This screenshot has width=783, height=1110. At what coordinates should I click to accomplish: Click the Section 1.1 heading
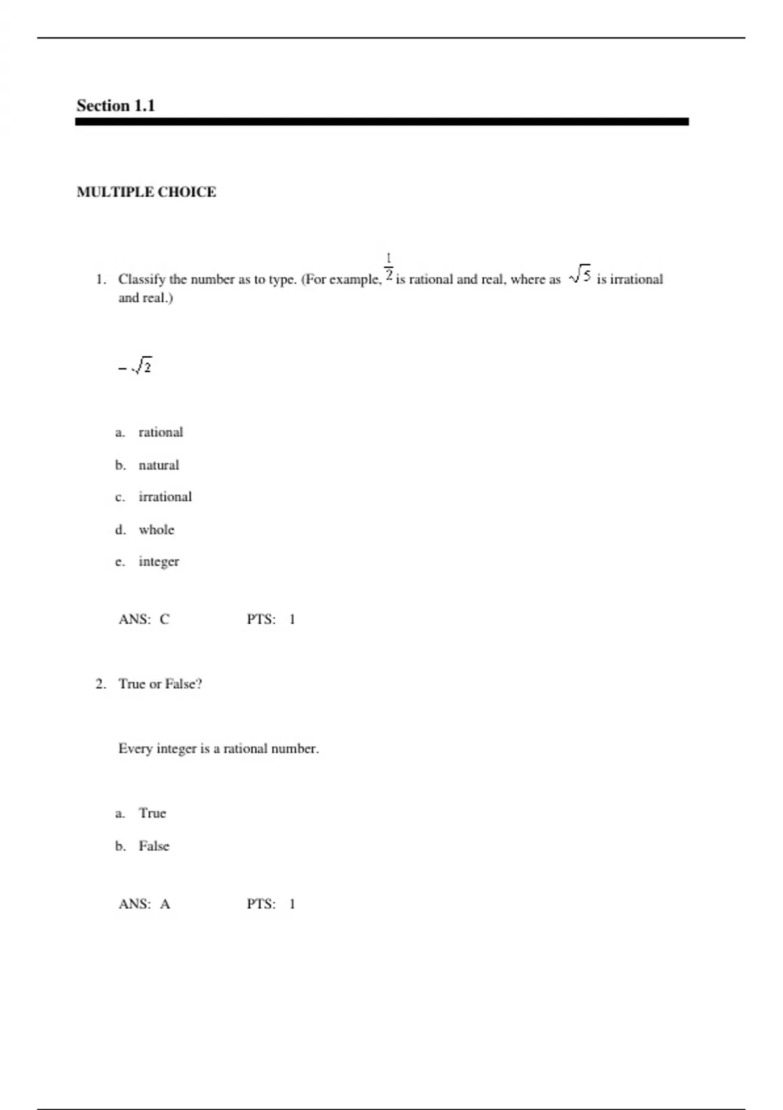pyautogui.click(x=115, y=106)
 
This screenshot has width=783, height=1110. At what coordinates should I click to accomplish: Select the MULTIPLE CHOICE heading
pyautogui.click(x=146, y=192)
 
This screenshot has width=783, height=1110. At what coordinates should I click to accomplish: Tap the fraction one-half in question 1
pyautogui.click(x=388, y=268)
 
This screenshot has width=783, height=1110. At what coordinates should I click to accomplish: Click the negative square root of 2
pyautogui.click(x=136, y=367)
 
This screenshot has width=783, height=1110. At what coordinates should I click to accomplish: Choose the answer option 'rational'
pyautogui.click(x=161, y=432)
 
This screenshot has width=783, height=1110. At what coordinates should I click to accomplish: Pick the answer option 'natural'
pyautogui.click(x=159, y=465)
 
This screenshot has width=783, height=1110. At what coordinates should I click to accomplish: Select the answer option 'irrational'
pyautogui.click(x=165, y=497)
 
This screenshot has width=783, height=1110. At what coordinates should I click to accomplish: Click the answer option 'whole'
pyautogui.click(x=157, y=530)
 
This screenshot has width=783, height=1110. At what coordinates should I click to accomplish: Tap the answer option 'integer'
pyautogui.click(x=159, y=562)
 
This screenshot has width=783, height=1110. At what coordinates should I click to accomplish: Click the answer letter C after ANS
pyautogui.click(x=164, y=619)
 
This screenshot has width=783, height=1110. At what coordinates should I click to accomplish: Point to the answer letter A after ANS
pyautogui.click(x=165, y=904)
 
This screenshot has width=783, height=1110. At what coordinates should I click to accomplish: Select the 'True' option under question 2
pyautogui.click(x=152, y=814)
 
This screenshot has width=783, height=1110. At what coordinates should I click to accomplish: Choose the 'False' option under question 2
pyautogui.click(x=154, y=846)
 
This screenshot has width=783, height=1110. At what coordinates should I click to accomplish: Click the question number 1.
pyautogui.click(x=100, y=279)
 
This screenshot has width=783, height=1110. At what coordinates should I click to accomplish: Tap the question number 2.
pyautogui.click(x=100, y=684)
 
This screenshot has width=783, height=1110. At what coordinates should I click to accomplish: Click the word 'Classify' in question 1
pyautogui.click(x=142, y=279)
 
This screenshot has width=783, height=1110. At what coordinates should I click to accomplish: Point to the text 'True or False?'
pyautogui.click(x=160, y=684)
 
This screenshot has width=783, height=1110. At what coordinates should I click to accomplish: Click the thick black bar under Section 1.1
pyautogui.click(x=382, y=121)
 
